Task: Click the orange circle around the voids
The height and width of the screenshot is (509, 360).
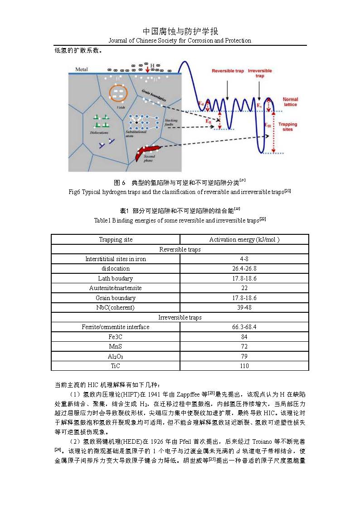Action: [x=118, y=93]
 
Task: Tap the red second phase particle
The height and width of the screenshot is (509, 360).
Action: [x=148, y=150]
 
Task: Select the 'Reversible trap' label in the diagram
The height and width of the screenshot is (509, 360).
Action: [x=227, y=71]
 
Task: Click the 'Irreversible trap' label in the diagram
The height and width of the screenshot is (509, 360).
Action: [x=260, y=73]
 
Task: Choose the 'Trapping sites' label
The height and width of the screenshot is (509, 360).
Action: [x=287, y=126]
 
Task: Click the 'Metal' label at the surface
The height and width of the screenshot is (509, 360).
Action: [x=81, y=69]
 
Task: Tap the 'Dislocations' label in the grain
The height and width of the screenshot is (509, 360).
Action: [x=99, y=132]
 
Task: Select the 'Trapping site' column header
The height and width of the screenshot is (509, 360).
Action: [x=116, y=239]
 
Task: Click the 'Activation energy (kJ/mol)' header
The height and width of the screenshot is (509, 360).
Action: [x=244, y=239]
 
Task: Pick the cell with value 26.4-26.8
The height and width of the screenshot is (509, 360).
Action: [x=244, y=268]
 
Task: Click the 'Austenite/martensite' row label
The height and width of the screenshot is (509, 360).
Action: [x=116, y=288]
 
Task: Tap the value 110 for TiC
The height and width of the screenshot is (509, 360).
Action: [x=244, y=365]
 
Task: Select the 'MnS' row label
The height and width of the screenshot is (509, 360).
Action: [x=116, y=346]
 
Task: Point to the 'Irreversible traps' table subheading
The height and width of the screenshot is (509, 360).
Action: [x=180, y=317]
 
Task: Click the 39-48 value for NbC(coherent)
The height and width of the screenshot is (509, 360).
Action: [x=244, y=307]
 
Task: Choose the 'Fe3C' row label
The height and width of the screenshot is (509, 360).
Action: [x=116, y=337]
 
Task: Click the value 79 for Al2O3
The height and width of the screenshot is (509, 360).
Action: [x=244, y=356]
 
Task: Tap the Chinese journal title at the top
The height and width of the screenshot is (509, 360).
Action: [x=180, y=31]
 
